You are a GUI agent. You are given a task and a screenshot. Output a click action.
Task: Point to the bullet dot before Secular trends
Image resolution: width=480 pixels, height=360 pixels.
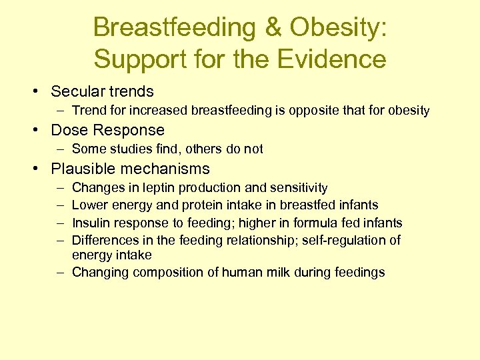coord(41,92)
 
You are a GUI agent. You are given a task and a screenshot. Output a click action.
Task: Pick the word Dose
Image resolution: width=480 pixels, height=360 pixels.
coord(69,130)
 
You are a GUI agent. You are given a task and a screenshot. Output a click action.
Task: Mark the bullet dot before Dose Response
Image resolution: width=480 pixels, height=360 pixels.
coord(41,130)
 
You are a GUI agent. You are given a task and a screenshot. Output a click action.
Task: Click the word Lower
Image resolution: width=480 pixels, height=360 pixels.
coord(89,205)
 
